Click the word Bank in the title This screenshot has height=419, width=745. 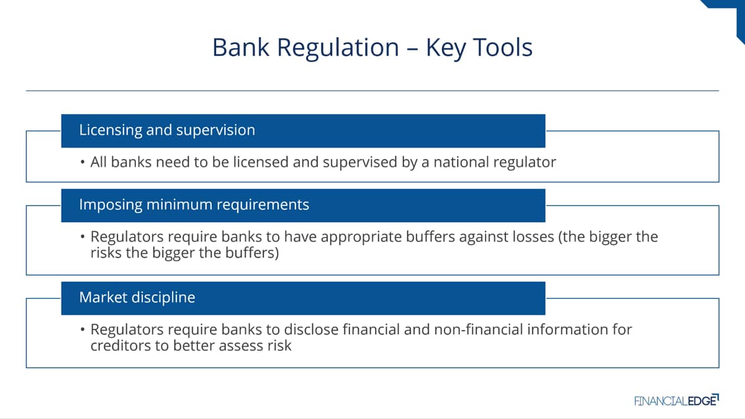click(240, 47)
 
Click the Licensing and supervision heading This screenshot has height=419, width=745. click(167, 130)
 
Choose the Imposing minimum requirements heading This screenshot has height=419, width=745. click(194, 204)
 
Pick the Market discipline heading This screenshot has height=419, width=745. click(137, 297)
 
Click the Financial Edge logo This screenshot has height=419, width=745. click(677, 400)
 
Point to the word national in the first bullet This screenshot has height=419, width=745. click(461, 162)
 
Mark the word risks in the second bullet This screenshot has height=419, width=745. click(106, 253)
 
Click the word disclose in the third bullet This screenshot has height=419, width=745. click(311, 330)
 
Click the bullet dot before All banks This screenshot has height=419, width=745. click(83, 163)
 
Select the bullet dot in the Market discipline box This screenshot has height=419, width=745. click(83, 330)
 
